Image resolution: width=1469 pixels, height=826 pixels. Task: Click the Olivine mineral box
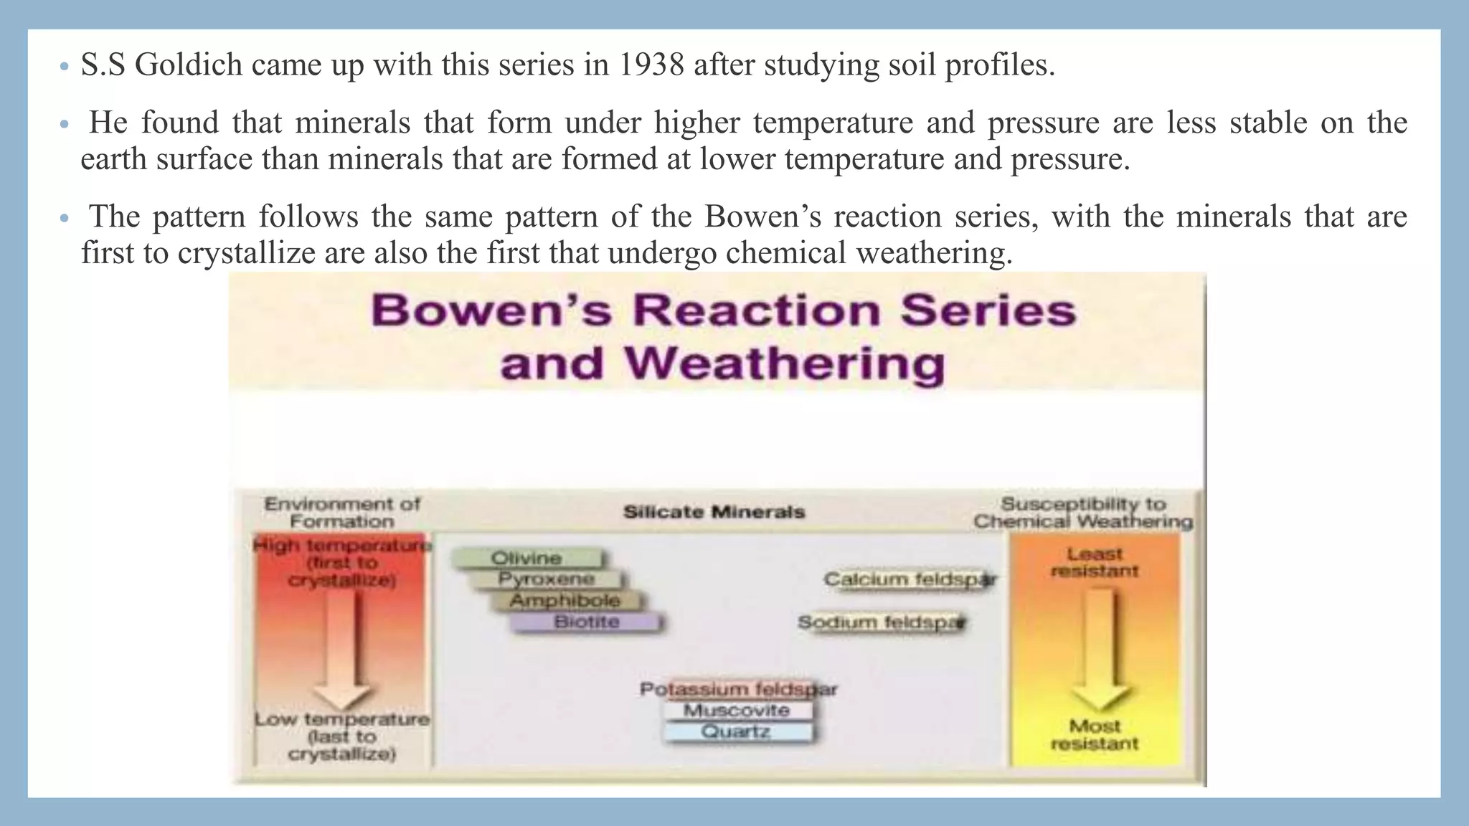(527, 558)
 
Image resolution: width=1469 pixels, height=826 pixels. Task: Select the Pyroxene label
(547, 579)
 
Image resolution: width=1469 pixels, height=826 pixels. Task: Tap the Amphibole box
(565, 600)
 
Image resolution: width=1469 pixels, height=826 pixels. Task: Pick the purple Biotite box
(586, 622)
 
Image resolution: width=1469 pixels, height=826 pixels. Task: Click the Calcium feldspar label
(910, 579)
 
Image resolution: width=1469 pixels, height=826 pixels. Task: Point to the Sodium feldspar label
(882, 622)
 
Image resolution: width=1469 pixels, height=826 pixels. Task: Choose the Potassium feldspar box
(738, 689)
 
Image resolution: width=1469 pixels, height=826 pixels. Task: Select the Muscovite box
(737, 711)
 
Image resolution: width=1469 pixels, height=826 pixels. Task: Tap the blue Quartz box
(737, 732)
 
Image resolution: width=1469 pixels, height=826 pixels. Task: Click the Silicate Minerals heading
(714, 512)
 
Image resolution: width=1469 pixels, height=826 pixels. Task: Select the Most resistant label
(1095, 735)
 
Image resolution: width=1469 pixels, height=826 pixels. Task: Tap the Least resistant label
(1095, 562)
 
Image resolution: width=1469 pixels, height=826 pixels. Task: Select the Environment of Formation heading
(342, 512)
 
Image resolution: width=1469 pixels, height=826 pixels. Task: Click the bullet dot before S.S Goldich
(64, 67)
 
